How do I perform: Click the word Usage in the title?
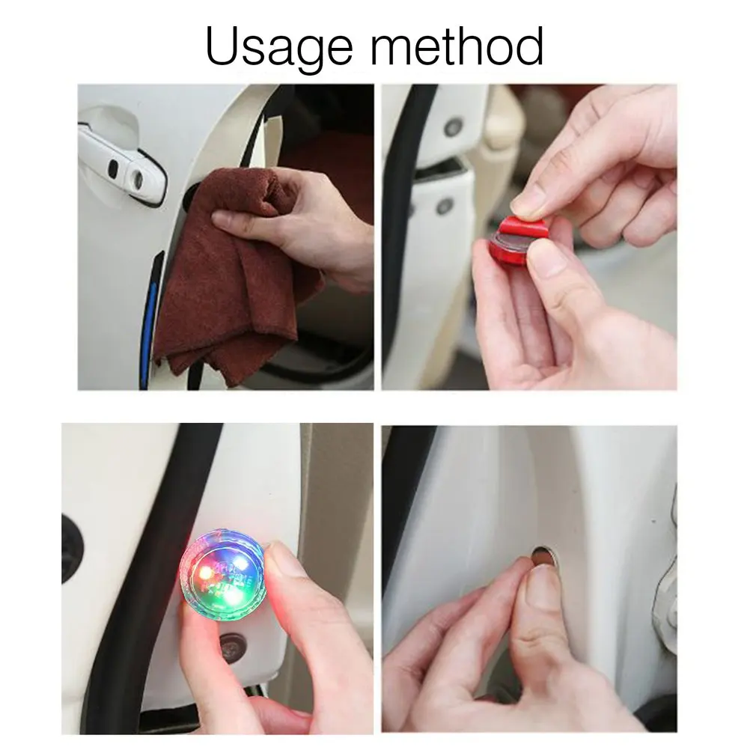click(x=279, y=46)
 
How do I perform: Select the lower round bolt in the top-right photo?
click(x=444, y=204)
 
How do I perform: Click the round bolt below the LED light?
click(x=233, y=641)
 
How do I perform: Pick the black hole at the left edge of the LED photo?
click(x=71, y=546)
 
